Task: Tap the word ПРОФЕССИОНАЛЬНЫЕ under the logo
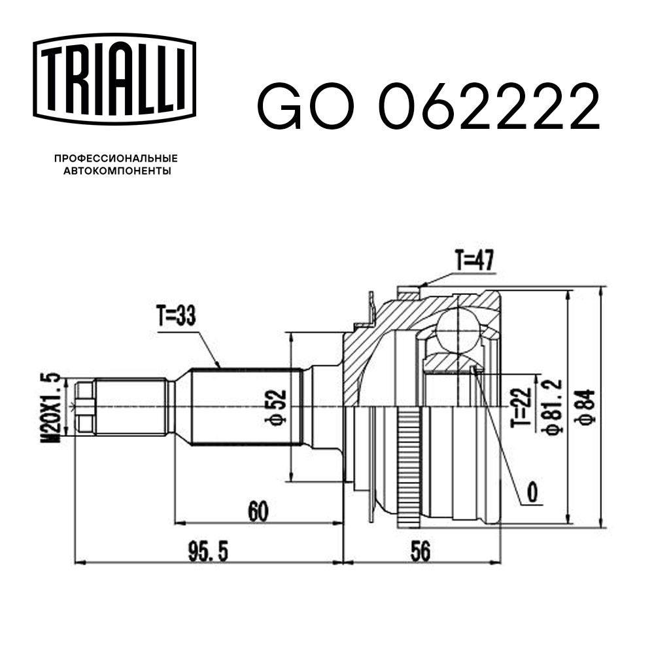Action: click(116, 158)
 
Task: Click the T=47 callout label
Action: click(475, 262)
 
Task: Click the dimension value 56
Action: click(421, 553)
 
